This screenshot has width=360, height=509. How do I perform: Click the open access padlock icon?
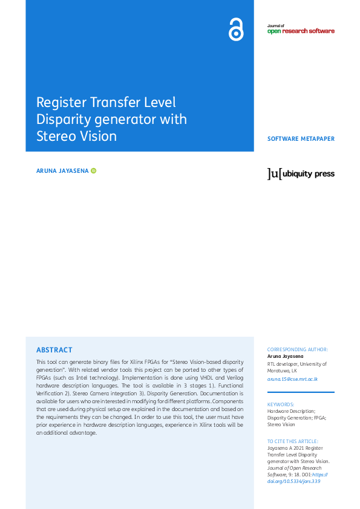pos(236,30)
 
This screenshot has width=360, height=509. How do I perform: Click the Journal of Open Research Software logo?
pos(300,29)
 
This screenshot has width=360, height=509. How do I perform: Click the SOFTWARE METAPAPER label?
pos(301,139)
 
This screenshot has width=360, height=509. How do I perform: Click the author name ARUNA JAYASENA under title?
pos(63,171)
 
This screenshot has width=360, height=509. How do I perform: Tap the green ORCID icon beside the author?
pos(94,171)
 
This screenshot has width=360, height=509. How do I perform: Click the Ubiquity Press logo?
pos(301,174)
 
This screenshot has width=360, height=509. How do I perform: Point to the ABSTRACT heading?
pos(54,350)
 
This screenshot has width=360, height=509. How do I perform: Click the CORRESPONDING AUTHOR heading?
pos(298,349)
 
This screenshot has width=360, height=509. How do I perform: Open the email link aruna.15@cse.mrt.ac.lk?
pos(292,379)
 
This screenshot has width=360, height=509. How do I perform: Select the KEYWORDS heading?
pos(281,404)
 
